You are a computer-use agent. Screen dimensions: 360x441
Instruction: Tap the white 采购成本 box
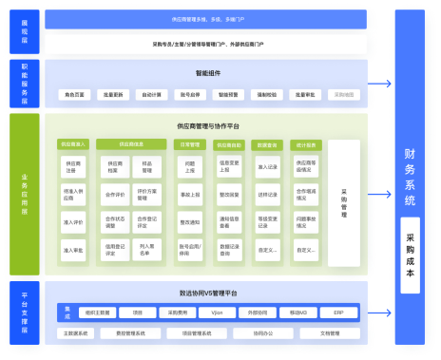tap(410, 255)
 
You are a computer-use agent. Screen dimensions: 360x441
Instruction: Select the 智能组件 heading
tap(207, 72)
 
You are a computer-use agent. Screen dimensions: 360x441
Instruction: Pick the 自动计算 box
tap(151, 95)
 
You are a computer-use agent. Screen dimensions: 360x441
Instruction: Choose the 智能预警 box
tap(226, 95)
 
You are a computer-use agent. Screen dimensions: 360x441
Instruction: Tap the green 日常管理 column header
tap(190, 144)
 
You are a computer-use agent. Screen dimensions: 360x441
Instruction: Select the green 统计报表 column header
tap(305, 144)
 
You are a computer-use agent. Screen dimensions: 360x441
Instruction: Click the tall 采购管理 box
tap(344, 202)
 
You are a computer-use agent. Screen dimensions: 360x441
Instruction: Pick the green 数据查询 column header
tap(267, 144)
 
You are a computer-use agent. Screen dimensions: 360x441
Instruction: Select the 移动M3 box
tap(298, 312)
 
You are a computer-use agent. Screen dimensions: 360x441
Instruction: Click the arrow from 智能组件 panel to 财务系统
tap(381, 84)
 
